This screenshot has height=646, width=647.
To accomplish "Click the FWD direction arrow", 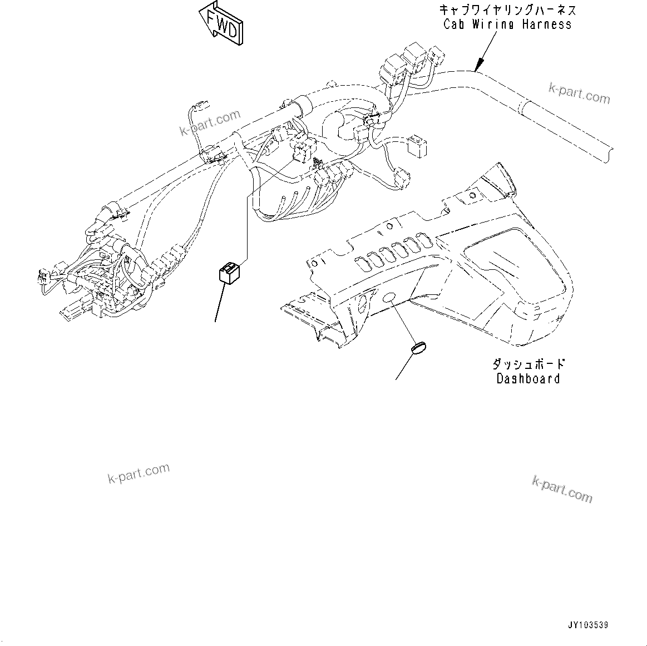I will (x=221, y=25).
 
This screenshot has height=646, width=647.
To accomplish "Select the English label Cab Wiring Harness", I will (x=507, y=24).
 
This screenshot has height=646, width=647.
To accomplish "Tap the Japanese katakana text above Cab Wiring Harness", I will (x=507, y=9).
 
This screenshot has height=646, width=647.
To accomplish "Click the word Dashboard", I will (x=527, y=379).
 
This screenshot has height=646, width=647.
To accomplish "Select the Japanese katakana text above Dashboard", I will (x=528, y=364).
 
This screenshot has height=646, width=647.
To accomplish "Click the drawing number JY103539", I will (x=588, y=625).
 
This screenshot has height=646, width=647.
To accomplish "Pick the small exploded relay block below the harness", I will (x=228, y=273).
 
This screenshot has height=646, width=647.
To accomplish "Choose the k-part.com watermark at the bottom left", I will (x=139, y=473).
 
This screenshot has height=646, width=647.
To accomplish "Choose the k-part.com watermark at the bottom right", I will (x=562, y=489).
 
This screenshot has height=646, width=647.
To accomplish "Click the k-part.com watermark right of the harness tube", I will (x=579, y=93).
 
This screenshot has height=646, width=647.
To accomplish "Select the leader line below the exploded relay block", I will (x=220, y=303).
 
